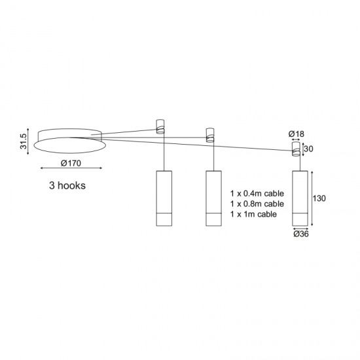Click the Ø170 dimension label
click(x=71, y=163)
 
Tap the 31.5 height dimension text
click(x=24, y=141)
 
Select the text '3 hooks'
click(x=67, y=185)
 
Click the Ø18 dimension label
click(x=297, y=134)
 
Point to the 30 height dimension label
click(x=308, y=149)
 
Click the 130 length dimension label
click(x=319, y=198)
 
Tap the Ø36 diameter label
click(x=301, y=234)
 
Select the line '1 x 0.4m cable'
click(x=257, y=194)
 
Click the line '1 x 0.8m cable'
click(x=257, y=204)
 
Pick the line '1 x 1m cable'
click(x=253, y=214)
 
